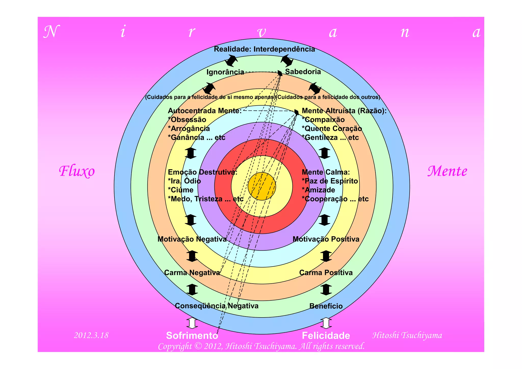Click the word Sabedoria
[x=303, y=72]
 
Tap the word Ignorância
[x=225, y=72]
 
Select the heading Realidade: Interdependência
[x=264, y=49]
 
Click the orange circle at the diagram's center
[x=262, y=186]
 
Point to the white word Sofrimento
[x=192, y=336]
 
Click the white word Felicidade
[x=326, y=336]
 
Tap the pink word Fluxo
[x=77, y=171]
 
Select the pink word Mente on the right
[x=447, y=171]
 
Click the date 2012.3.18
[x=91, y=335]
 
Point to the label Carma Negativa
[x=192, y=273]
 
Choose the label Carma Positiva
[x=326, y=273]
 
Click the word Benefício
[x=326, y=306]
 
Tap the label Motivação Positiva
[x=326, y=239]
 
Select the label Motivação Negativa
[x=192, y=239]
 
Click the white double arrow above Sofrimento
[x=192, y=323]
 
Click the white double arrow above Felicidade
[x=326, y=323]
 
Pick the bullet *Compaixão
[x=323, y=120]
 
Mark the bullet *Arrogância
[x=189, y=129]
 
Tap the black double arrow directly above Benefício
[x=326, y=289]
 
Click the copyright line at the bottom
[x=261, y=346]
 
